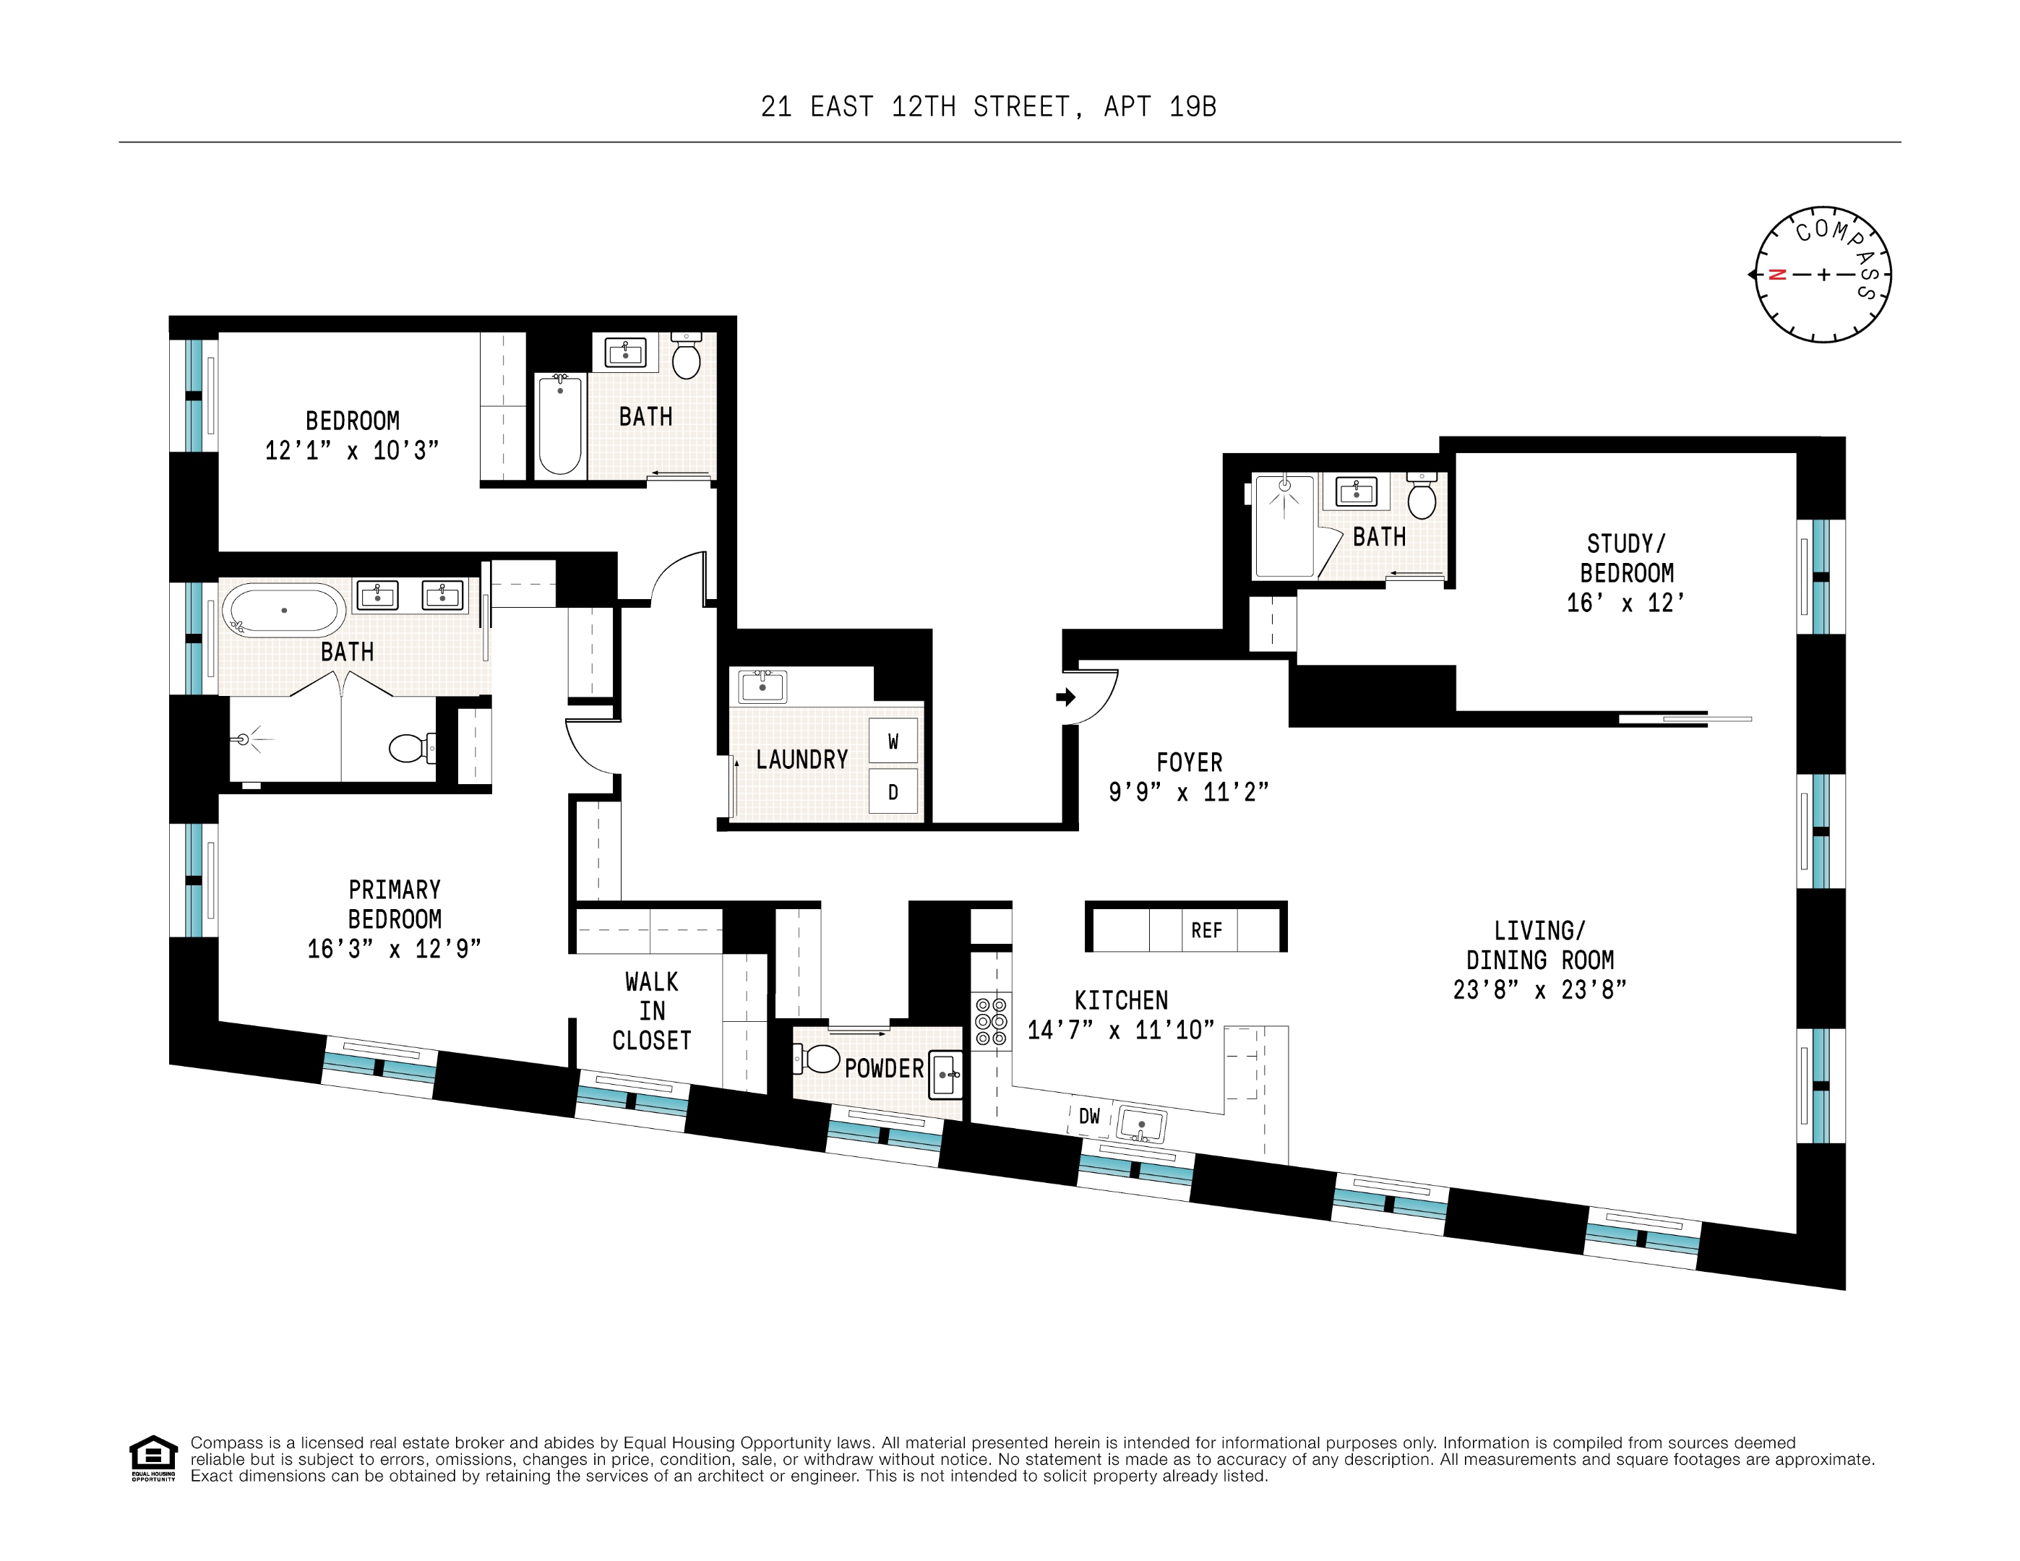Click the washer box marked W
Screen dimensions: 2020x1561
893,741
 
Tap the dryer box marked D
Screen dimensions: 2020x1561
893,791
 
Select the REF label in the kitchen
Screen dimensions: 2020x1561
1206,930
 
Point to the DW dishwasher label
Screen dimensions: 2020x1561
1090,1117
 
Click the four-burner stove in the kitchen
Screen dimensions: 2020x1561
991,1021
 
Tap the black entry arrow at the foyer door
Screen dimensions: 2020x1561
1065,697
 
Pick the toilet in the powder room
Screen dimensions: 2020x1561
817,1059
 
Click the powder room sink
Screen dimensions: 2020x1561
945,1074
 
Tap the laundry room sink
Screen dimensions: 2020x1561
762,686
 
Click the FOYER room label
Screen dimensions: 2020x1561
1190,763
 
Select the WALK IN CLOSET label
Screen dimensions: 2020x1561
652,1011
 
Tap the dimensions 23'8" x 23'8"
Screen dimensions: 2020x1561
1539,989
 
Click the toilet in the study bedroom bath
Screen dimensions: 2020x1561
1422,496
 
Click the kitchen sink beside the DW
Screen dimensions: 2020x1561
1141,1124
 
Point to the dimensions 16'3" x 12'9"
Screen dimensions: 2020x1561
394,949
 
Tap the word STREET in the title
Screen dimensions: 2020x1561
1022,107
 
